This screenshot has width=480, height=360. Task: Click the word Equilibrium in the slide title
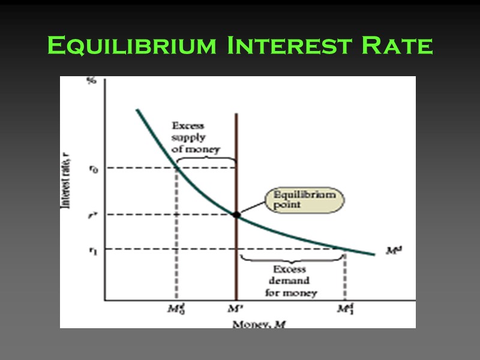coord(131,46)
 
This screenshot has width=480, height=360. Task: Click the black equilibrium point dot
coord(236,214)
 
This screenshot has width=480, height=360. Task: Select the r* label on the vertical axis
coord(92,215)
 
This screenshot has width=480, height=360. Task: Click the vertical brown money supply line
coord(236,150)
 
